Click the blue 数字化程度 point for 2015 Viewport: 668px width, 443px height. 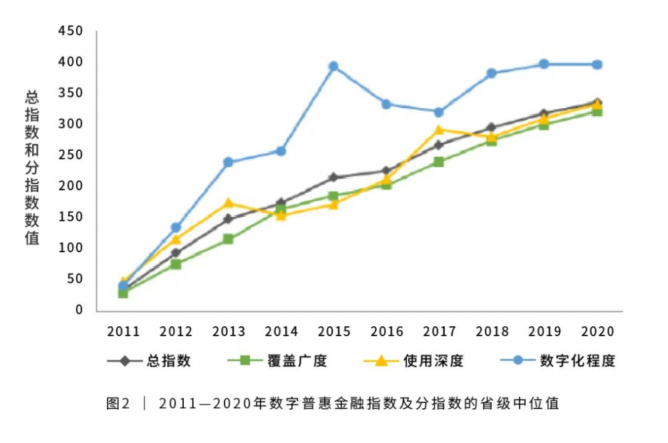(x=333, y=66)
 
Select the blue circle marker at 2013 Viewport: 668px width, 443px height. (x=228, y=162)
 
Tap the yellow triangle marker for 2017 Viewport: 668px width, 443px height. (x=439, y=129)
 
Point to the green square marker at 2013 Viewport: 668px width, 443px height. (x=228, y=239)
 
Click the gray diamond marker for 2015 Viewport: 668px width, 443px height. (x=333, y=177)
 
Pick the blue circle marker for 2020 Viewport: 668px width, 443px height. (x=597, y=65)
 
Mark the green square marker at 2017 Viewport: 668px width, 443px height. (x=439, y=161)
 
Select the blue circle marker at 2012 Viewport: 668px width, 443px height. (x=176, y=228)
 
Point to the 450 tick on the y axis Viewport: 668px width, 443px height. (x=70, y=31)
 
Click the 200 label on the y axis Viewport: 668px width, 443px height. (x=70, y=185)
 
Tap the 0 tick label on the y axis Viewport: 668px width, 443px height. (x=78, y=310)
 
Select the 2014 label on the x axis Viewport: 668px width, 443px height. (x=281, y=332)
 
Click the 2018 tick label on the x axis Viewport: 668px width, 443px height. (x=492, y=332)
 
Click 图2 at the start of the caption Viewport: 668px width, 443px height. (x=118, y=403)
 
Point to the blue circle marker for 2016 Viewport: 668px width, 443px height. (x=386, y=104)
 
